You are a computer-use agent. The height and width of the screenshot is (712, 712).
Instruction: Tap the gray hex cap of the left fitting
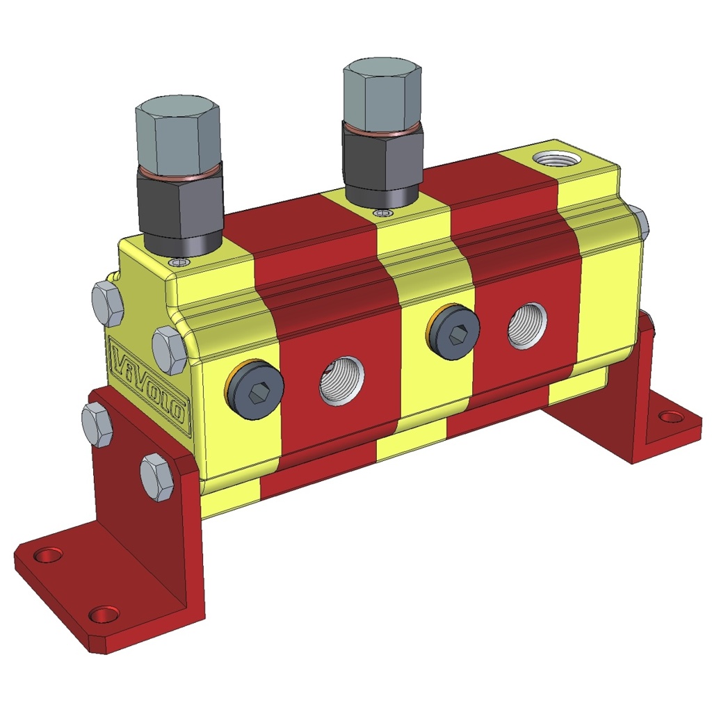(178, 132)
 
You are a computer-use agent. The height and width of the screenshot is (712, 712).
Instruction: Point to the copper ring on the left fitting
(179, 170)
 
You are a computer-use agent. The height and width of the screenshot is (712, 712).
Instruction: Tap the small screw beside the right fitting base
(378, 212)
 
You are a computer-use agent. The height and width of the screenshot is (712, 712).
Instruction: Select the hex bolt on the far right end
(641, 221)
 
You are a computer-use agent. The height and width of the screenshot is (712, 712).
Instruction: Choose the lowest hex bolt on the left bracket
(157, 476)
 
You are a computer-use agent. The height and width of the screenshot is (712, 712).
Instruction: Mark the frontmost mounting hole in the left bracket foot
(104, 615)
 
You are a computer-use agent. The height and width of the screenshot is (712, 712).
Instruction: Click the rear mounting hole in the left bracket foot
(49, 555)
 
